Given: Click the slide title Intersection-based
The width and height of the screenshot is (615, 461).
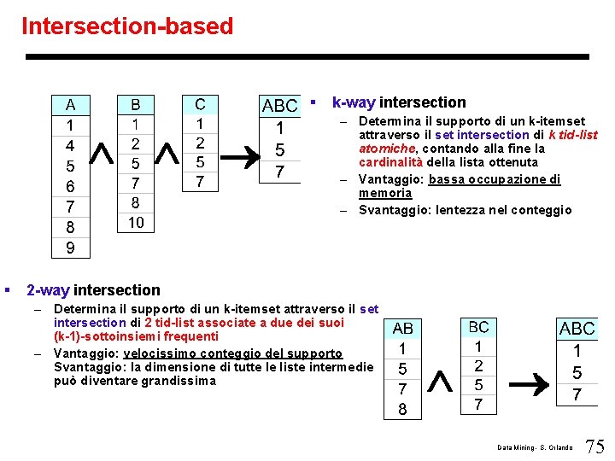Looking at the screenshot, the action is pos(127,26).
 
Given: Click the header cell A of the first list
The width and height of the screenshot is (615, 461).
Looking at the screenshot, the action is pos(70,106).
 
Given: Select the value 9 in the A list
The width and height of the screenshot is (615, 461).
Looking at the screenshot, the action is pos(70,248).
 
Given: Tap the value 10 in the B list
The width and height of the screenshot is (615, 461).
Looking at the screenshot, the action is pos(136,223).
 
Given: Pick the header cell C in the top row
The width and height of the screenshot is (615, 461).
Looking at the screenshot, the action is pos(200,105).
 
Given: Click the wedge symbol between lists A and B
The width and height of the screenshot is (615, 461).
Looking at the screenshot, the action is pos(102,153).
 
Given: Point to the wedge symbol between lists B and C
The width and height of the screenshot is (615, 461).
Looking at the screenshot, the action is pos(168,153).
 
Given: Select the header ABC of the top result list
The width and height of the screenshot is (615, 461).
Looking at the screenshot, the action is pos(279,107).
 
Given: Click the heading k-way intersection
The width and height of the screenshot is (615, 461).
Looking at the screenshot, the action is pos(398,102).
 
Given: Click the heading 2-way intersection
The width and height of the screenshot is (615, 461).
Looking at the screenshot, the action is pos(93,290).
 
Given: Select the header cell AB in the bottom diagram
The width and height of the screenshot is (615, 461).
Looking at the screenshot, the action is pos(402,329).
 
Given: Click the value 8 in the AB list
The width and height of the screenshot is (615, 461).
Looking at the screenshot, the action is pos(402,409).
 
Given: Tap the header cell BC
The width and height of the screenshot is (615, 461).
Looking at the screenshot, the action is pos(478,327).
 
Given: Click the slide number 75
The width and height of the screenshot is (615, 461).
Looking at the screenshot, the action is pos(594,446).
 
